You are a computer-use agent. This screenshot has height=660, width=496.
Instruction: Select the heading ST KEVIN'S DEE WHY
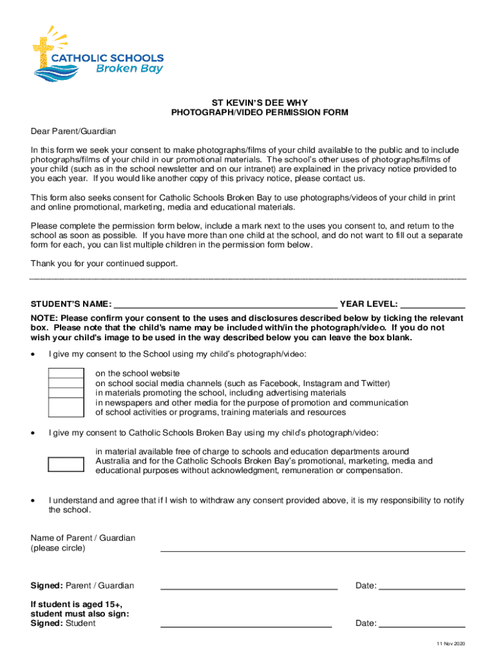tap(260, 102)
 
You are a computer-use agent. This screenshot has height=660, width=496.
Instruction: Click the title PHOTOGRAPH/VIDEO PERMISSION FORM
tap(260, 112)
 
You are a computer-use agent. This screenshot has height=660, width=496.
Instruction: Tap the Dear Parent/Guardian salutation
tap(73, 131)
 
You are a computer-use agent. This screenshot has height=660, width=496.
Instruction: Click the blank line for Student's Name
tap(225, 304)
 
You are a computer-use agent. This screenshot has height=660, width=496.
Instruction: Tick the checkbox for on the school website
tap(66, 373)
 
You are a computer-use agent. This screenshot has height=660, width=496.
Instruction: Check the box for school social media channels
tap(66, 383)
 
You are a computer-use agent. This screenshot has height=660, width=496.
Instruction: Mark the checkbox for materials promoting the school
tap(66, 393)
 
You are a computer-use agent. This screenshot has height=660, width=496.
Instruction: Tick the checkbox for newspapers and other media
tap(66, 407)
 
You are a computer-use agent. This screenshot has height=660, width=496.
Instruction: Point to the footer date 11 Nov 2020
tap(450, 644)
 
